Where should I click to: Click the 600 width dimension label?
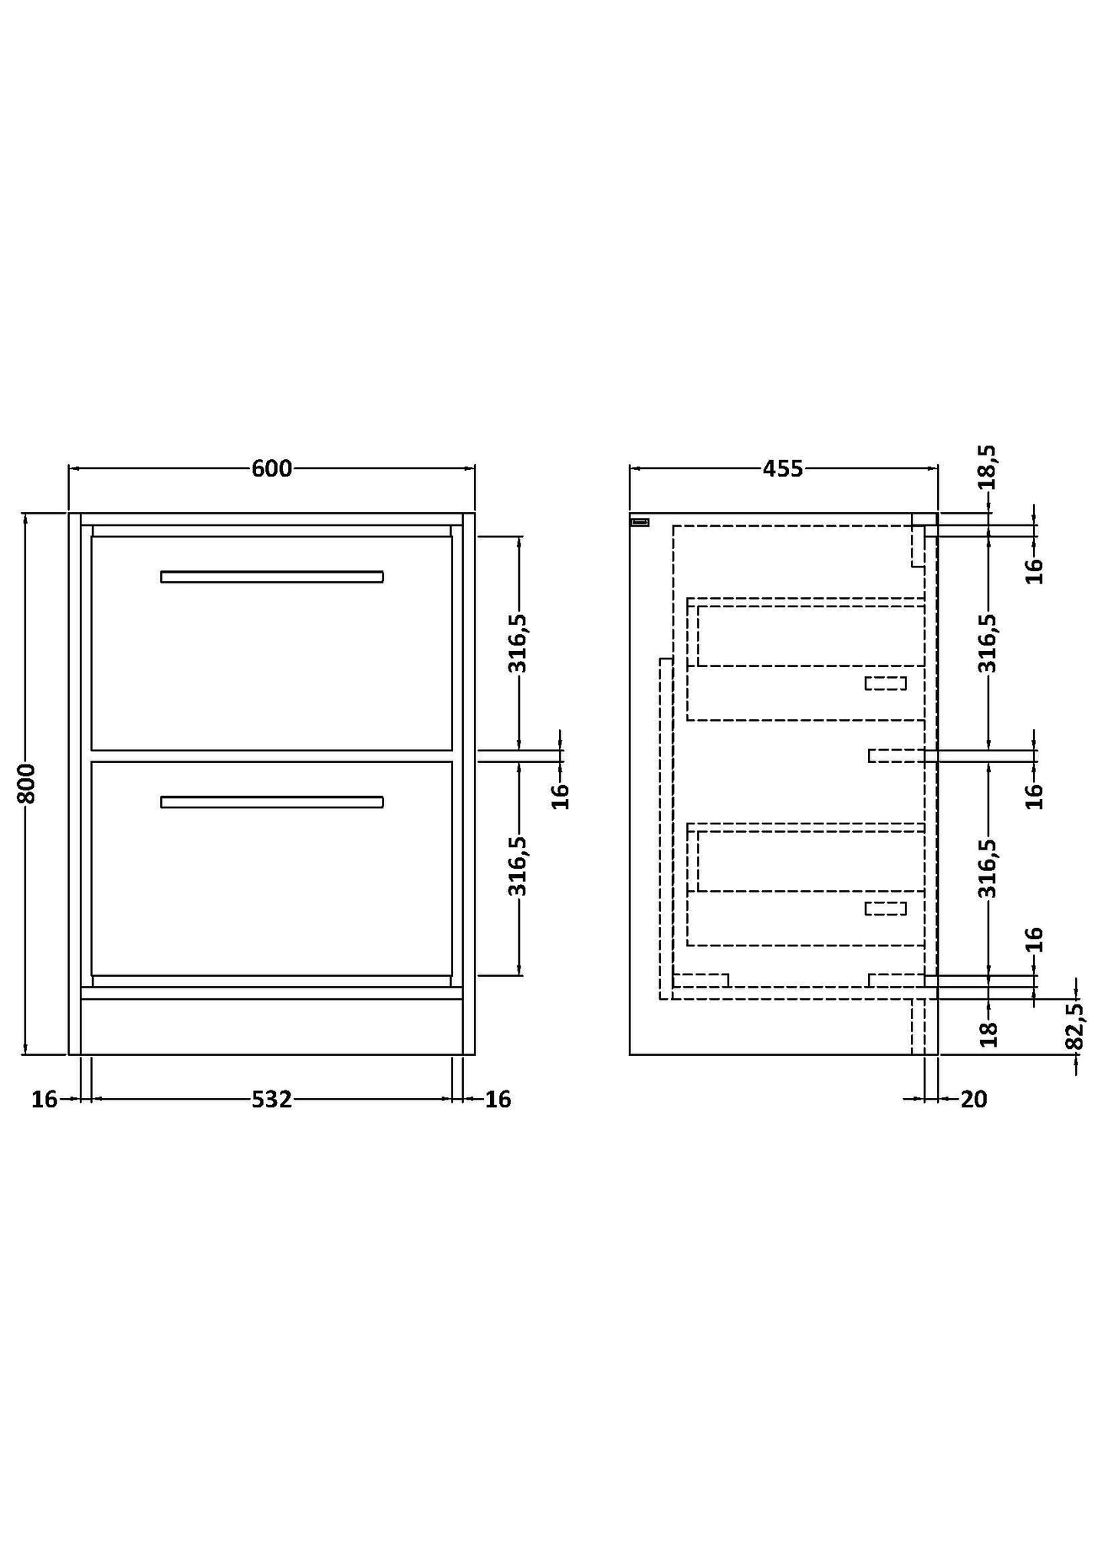[x=271, y=468]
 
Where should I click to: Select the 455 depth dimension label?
[x=782, y=468]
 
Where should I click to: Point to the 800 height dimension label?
[x=26, y=783]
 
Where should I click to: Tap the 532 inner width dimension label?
[x=271, y=1100]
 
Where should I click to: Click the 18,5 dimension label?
[x=988, y=467]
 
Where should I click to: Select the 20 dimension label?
[x=974, y=1100]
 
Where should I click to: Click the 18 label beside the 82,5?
[x=989, y=1034]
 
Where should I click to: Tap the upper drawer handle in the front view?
[x=271, y=577]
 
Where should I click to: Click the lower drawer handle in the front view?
[x=271, y=802]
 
